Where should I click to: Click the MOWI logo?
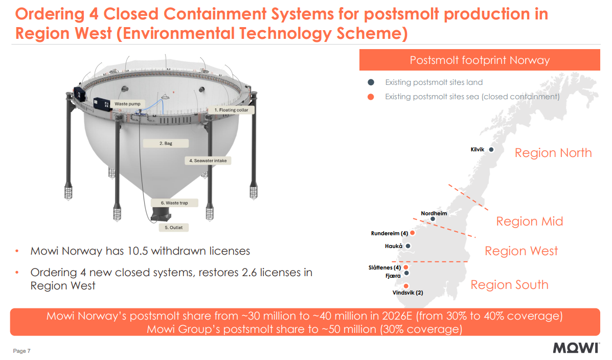coord(576,348)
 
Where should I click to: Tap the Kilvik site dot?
coord(491,150)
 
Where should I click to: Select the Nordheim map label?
coord(434,213)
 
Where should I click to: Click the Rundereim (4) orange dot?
coord(413,233)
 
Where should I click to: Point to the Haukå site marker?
coord(407,246)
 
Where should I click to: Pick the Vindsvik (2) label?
coord(407,293)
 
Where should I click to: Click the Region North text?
coord(553,153)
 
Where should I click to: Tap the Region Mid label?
coord(529,221)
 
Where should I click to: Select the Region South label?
coord(509,285)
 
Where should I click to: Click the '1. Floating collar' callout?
coord(231,110)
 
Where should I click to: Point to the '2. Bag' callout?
coord(166,144)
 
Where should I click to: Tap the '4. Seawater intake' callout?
coord(208,161)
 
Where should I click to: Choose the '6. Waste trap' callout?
coord(174,203)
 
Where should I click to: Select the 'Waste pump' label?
coord(127,104)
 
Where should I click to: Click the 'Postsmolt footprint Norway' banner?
coord(479,60)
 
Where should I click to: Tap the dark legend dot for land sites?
coord(371,82)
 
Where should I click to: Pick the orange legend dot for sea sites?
coord(371,97)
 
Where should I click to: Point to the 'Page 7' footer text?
coord(22,351)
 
